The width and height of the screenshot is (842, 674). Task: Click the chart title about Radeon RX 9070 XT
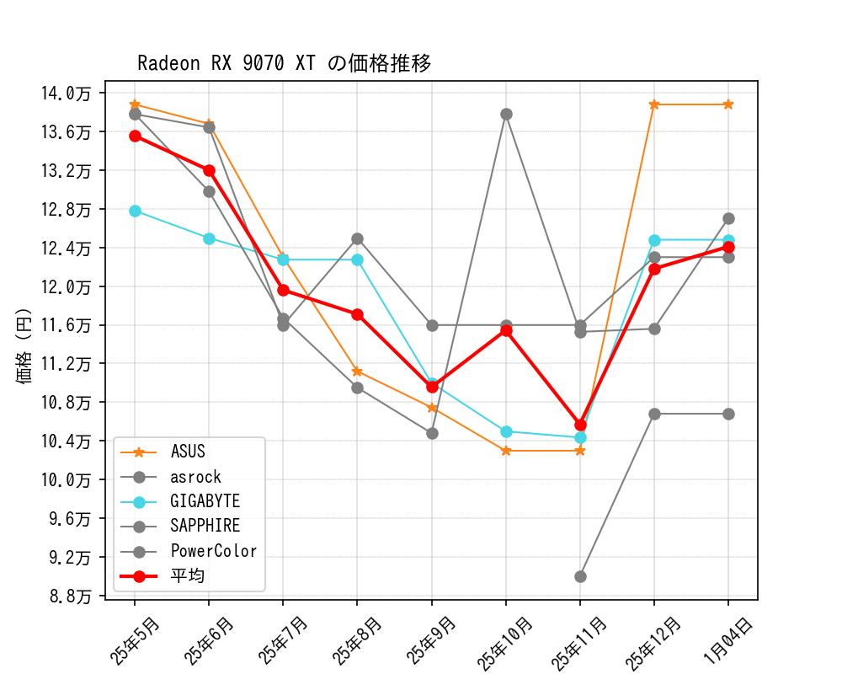284,63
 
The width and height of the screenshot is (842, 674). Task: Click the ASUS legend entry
187,452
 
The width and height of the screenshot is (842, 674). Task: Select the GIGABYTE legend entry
205,501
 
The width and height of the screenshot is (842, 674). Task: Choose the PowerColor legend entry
213,552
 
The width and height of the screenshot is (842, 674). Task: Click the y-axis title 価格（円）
24,345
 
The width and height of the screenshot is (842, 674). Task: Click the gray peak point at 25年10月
506,114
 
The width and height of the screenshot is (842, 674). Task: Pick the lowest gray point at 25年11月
580,576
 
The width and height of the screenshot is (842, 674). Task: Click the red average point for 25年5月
135,136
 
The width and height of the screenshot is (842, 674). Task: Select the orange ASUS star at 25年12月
654,104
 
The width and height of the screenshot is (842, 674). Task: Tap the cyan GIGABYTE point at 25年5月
135,211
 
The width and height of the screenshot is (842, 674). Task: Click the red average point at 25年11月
580,425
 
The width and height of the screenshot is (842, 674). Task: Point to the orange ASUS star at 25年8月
357,371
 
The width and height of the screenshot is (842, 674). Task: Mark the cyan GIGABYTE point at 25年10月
506,431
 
